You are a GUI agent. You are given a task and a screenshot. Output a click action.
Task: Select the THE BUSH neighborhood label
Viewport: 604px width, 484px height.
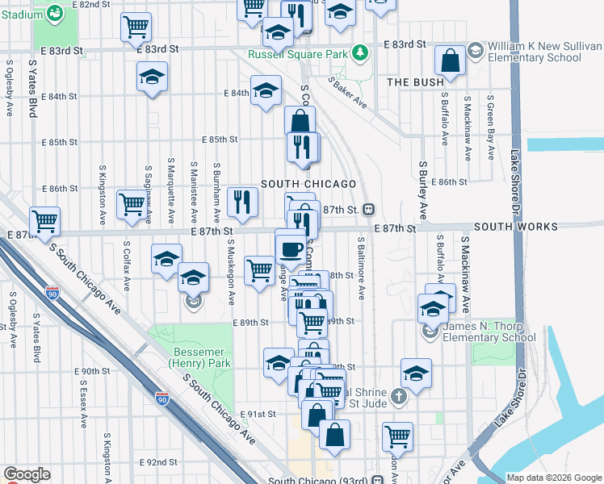415,82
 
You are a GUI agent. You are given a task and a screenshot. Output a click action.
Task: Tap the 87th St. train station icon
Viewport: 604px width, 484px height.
367,210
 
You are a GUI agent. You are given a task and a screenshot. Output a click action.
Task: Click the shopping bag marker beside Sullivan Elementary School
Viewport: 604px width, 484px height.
450,60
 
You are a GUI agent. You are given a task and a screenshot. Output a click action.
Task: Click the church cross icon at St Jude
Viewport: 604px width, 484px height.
398,396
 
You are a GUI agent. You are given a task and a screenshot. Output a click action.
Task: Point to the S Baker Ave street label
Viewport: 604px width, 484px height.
348,94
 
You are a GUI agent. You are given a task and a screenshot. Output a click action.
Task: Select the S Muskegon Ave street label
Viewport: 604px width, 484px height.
231,272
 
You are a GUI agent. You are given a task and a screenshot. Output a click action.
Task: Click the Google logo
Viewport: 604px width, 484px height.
27,475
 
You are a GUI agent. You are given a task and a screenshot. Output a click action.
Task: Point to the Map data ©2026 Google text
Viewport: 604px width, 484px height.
553,478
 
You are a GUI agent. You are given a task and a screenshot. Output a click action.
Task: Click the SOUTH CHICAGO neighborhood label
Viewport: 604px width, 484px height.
308,184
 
